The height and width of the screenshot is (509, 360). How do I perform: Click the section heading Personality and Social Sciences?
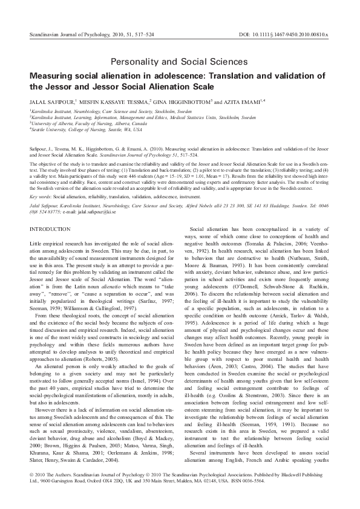[180, 62]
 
